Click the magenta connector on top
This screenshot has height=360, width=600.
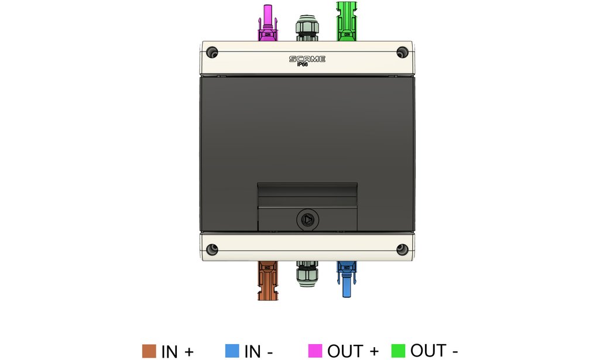tap(268, 23)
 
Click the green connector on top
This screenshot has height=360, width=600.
tap(347, 21)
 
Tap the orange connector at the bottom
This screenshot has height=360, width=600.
tap(268, 280)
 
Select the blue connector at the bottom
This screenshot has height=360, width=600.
tap(347, 279)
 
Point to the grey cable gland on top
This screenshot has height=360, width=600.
tap(307, 28)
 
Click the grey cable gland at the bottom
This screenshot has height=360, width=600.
tap(307, 273)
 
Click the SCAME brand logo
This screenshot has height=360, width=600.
tap(307, 59)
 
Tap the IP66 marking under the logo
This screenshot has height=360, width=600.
tap(303, 64)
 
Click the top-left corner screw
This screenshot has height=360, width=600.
tap(212, 53)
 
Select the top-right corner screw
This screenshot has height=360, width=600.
tap(402, 52)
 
